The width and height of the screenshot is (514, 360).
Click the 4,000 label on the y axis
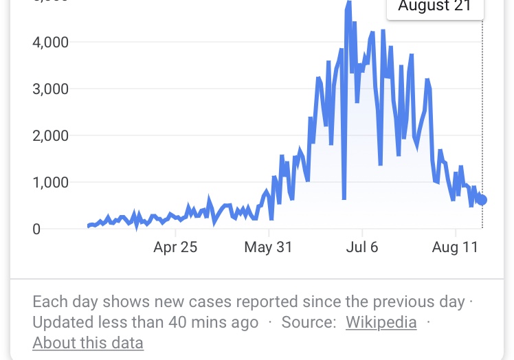point(50,43)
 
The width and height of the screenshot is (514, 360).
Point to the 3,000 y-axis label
point(50,89)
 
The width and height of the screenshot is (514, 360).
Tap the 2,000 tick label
point(50,136)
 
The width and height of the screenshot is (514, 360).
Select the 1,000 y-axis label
point(50,183)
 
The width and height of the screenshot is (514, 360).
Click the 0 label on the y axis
point(36,229)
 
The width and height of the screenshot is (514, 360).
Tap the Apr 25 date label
point(175,247)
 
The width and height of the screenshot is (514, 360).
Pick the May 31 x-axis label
point(268,247)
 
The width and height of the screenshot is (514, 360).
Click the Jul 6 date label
point(362,247)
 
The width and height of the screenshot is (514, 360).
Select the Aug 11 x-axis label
point(455,247)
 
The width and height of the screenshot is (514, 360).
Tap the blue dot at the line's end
point(482,200)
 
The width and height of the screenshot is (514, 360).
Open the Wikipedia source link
point(381,322)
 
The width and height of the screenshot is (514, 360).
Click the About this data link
point(88,343)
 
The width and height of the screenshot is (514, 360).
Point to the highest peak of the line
point(349,3)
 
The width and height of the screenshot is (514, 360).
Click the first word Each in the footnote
point(47,302)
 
